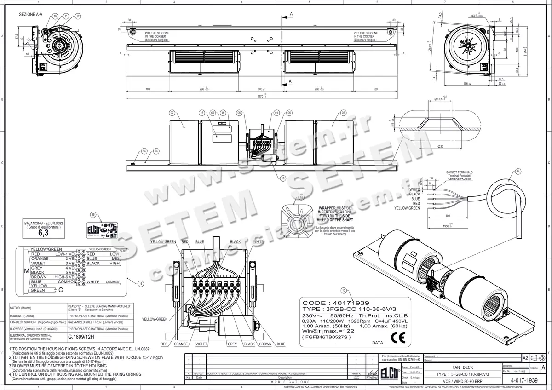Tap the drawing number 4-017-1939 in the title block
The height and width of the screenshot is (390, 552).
point(524,380)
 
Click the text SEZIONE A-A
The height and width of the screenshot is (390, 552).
point(31,15)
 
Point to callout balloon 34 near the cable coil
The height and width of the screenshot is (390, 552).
point(518,172)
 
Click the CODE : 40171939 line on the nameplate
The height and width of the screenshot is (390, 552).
point(329,303)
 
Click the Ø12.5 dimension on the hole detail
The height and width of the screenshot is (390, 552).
point(440,98)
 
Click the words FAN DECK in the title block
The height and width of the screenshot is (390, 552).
point(460,368)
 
